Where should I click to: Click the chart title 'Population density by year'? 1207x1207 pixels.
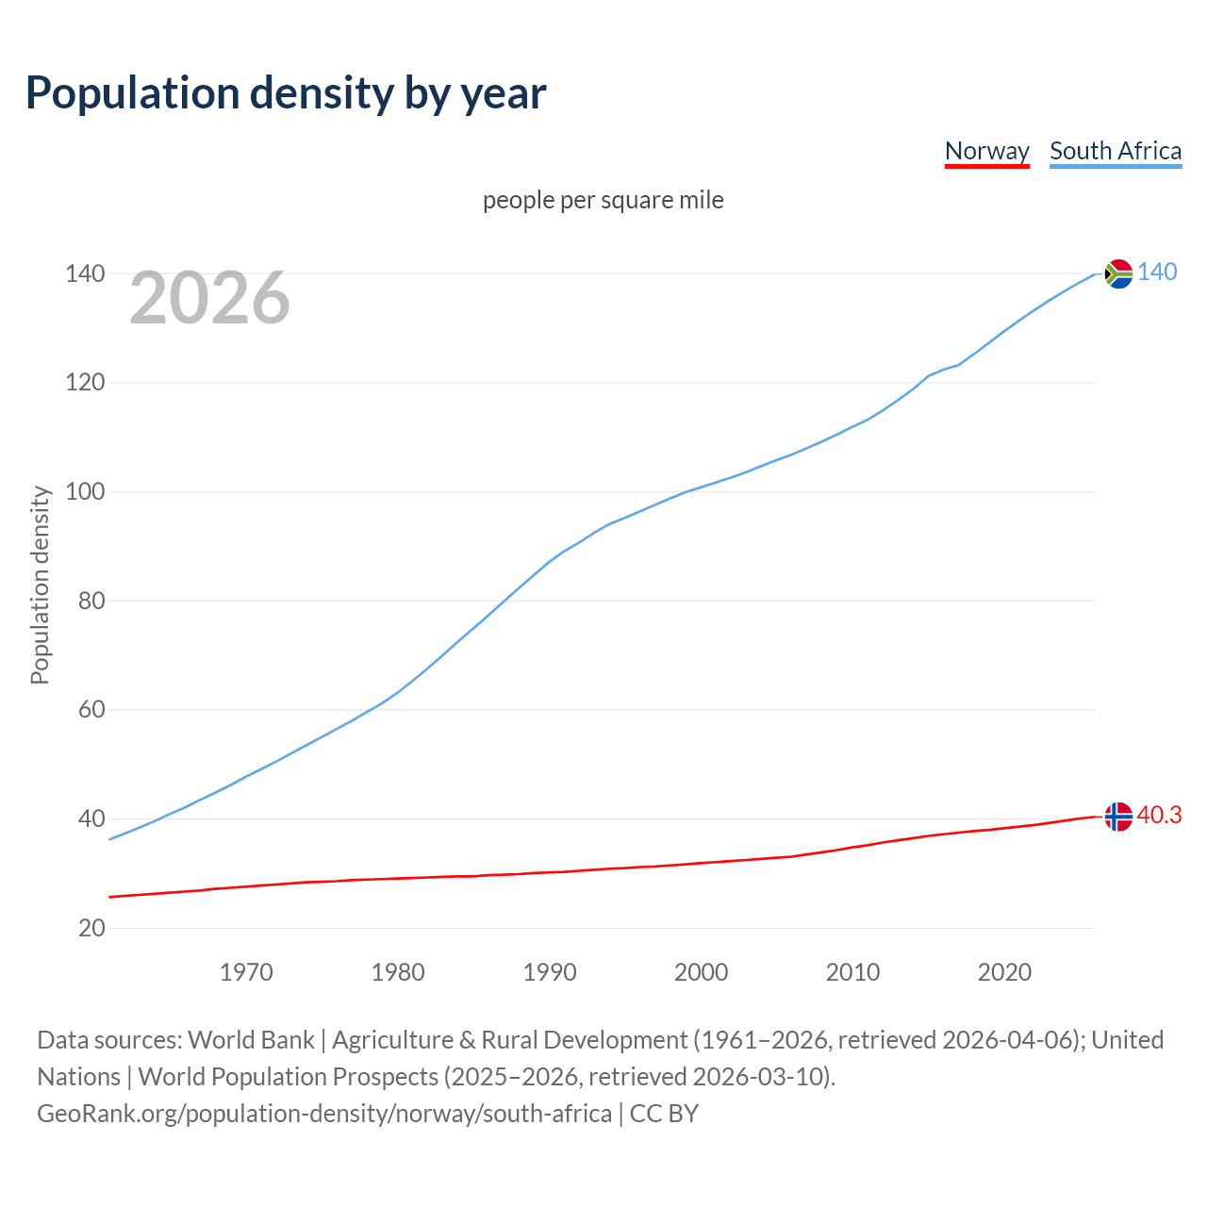pos(286,92)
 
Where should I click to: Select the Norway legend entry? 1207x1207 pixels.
pos(986,151)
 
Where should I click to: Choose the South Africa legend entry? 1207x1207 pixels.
pos(1115,151)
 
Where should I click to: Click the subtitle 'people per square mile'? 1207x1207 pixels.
pos(603,200)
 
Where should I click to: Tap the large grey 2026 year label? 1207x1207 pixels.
pos(209,298)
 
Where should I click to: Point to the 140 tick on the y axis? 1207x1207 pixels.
pos(85,274)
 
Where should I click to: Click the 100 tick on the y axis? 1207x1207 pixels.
pos(85,492)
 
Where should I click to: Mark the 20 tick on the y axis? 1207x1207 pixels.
pos(91,928)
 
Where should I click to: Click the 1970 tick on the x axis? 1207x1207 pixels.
pos(246,972)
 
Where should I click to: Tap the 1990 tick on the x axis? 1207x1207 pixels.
pos(550,972)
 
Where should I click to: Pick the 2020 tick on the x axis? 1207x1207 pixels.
pos(1004,972)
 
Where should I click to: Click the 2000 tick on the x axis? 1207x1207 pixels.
pos(702,972)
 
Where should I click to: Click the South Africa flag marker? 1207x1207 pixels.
pos(1118,273)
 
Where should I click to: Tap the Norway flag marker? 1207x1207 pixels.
pos(1118,817)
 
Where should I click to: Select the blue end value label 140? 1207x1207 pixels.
pos(1157,273)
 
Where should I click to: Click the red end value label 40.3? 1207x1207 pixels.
pos(1159,816)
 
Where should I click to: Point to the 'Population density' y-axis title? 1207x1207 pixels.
pos(40,585)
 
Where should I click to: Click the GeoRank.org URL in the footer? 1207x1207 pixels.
pos(324,1114)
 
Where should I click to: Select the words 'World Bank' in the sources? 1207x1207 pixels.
pos(251,1040)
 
